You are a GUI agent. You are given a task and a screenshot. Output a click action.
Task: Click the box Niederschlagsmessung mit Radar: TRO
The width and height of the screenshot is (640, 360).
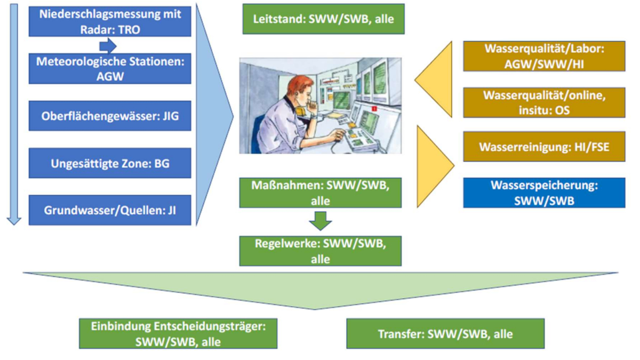click(110, 21)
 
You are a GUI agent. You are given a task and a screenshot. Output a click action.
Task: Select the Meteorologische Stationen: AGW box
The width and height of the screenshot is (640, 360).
click(110, 69)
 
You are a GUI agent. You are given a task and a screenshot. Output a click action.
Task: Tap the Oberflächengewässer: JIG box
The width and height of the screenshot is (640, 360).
click(110, 116)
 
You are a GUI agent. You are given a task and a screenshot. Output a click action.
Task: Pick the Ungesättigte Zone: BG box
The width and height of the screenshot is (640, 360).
click(110, 163)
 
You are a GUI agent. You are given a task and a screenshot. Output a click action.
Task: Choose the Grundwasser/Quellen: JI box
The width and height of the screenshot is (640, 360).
click(110, 210)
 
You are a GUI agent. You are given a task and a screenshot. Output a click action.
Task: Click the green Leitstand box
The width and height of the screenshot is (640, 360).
click(324, 19)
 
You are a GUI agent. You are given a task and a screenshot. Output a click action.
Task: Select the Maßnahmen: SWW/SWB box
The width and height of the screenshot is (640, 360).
click(321, 193)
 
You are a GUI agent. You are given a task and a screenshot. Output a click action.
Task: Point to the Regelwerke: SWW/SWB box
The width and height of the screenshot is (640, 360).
click(321, 251)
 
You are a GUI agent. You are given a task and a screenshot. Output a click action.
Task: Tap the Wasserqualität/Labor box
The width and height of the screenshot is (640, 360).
click(545, 57)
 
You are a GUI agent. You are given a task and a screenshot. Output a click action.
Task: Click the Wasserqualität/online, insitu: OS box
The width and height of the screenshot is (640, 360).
click(545, 102)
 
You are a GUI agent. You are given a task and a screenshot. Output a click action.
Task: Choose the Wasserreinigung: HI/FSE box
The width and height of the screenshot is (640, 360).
click(545, 147)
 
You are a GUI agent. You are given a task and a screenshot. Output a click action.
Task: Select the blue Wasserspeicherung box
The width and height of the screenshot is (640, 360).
click(545, 193)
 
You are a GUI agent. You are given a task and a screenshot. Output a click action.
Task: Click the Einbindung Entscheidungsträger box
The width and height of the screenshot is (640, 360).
click(178, 334)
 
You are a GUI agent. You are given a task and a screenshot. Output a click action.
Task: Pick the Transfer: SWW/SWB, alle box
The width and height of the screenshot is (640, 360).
click(445, 334)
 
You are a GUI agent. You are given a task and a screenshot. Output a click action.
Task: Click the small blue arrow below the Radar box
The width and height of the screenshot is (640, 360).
click(108, 46)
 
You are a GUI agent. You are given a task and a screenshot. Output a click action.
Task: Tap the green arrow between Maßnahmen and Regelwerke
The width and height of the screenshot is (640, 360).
click(321, 221)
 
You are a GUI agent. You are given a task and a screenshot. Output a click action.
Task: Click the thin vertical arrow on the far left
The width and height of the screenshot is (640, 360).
click(14, 114)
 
